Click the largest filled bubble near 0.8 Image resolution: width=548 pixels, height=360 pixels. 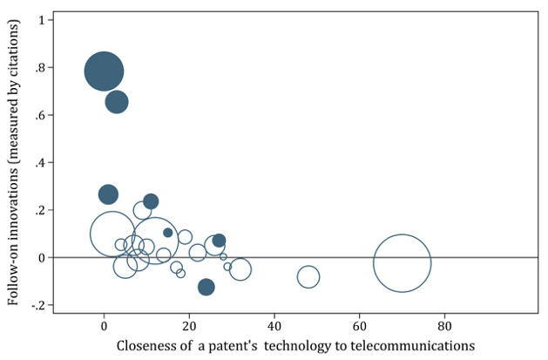pos(104,71)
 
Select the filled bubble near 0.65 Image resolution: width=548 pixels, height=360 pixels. pos(117,102)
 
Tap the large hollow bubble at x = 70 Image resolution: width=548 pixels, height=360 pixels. pos(402,263)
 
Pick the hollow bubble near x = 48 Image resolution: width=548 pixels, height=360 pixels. pos(308,277)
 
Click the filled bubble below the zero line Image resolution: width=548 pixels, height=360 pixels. pos(206,287)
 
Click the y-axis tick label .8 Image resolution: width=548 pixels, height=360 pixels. pos(39,68)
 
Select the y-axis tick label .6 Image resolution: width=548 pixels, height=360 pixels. pos(39,115)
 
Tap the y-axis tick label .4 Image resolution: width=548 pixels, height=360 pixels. pos(39,163)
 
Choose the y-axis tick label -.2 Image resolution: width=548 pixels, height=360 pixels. pos(37,306)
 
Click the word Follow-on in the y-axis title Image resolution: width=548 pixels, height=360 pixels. pos(14,270)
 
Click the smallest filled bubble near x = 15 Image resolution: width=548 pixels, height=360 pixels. pos(168,233)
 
